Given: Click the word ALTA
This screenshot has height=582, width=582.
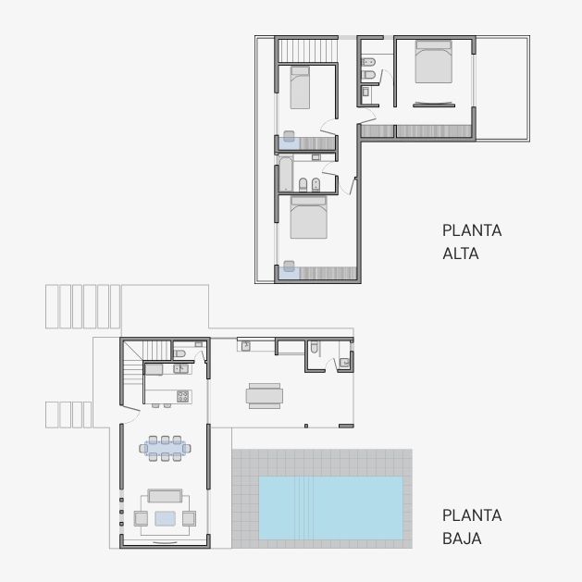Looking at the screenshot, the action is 460,254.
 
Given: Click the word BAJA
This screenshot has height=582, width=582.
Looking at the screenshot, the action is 462,539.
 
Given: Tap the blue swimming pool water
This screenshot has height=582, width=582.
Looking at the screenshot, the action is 330,508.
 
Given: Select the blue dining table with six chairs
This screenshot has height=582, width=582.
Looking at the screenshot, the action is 166,449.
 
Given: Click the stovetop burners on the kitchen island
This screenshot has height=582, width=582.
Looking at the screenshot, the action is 182,396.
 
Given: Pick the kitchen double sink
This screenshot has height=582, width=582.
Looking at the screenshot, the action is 180,368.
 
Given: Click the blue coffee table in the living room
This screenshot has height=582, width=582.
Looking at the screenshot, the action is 166,518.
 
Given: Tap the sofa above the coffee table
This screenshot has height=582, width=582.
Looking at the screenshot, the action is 165,496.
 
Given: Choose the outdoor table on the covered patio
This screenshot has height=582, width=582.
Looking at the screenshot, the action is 265,396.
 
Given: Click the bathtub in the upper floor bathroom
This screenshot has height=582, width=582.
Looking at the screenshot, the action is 286,175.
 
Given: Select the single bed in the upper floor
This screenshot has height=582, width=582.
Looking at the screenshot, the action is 300,88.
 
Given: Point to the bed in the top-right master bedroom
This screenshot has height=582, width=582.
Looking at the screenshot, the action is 434,62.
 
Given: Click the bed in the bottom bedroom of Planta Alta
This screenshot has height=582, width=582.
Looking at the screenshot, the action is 309,217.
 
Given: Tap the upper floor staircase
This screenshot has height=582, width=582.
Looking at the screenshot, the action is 308,51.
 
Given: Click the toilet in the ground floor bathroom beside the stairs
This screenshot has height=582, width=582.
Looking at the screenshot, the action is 180,353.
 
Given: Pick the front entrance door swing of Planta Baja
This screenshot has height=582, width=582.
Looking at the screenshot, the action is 130,415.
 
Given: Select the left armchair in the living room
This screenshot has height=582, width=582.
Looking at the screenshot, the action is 141,518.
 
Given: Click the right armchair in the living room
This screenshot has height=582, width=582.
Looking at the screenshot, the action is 189,518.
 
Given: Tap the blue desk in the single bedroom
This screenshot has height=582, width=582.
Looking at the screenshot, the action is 289,143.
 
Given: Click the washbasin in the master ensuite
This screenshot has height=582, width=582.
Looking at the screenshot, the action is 365,92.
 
